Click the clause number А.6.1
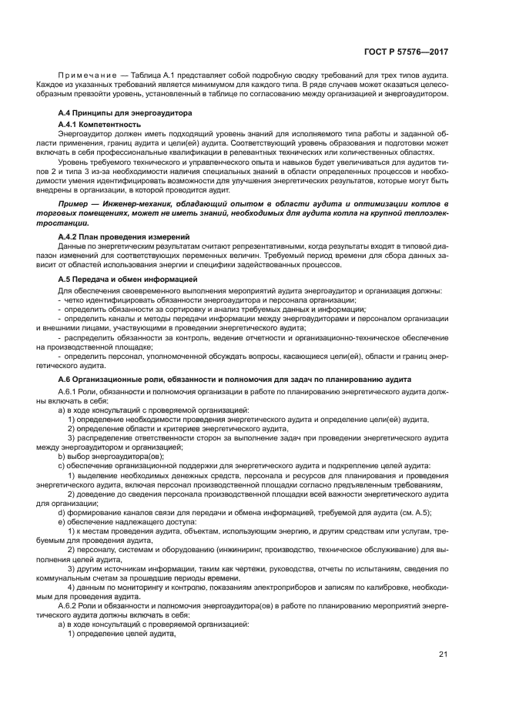(72, 390)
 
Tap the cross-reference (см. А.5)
(417, 513)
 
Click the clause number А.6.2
(72, 605)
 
